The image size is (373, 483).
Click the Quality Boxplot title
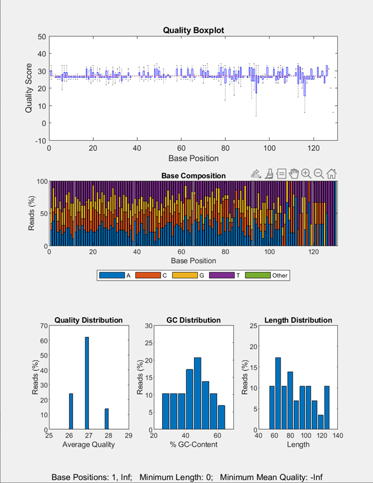pyautogui.click(x=193, y=30)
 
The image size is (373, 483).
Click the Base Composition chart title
pyautogui.click(x=193, y=176)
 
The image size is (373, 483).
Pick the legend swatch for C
pyautogui.click(x=150, y=275)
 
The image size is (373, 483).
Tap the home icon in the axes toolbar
pyautogui.click(x=331, y=174)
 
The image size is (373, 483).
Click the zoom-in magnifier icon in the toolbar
pyautogui.click(x=306, y=174)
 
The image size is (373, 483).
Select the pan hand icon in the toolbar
pyautogui.click(x=294, y=174)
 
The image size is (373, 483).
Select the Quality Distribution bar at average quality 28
pyautogui.click(x=106, y=418)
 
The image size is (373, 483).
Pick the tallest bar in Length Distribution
pyautogui.click(x=278, y=393)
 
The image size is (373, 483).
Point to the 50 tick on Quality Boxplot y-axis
pyautogui.click(x=42, y=36)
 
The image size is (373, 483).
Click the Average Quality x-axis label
pyautogui.click(x=88, y=445)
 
